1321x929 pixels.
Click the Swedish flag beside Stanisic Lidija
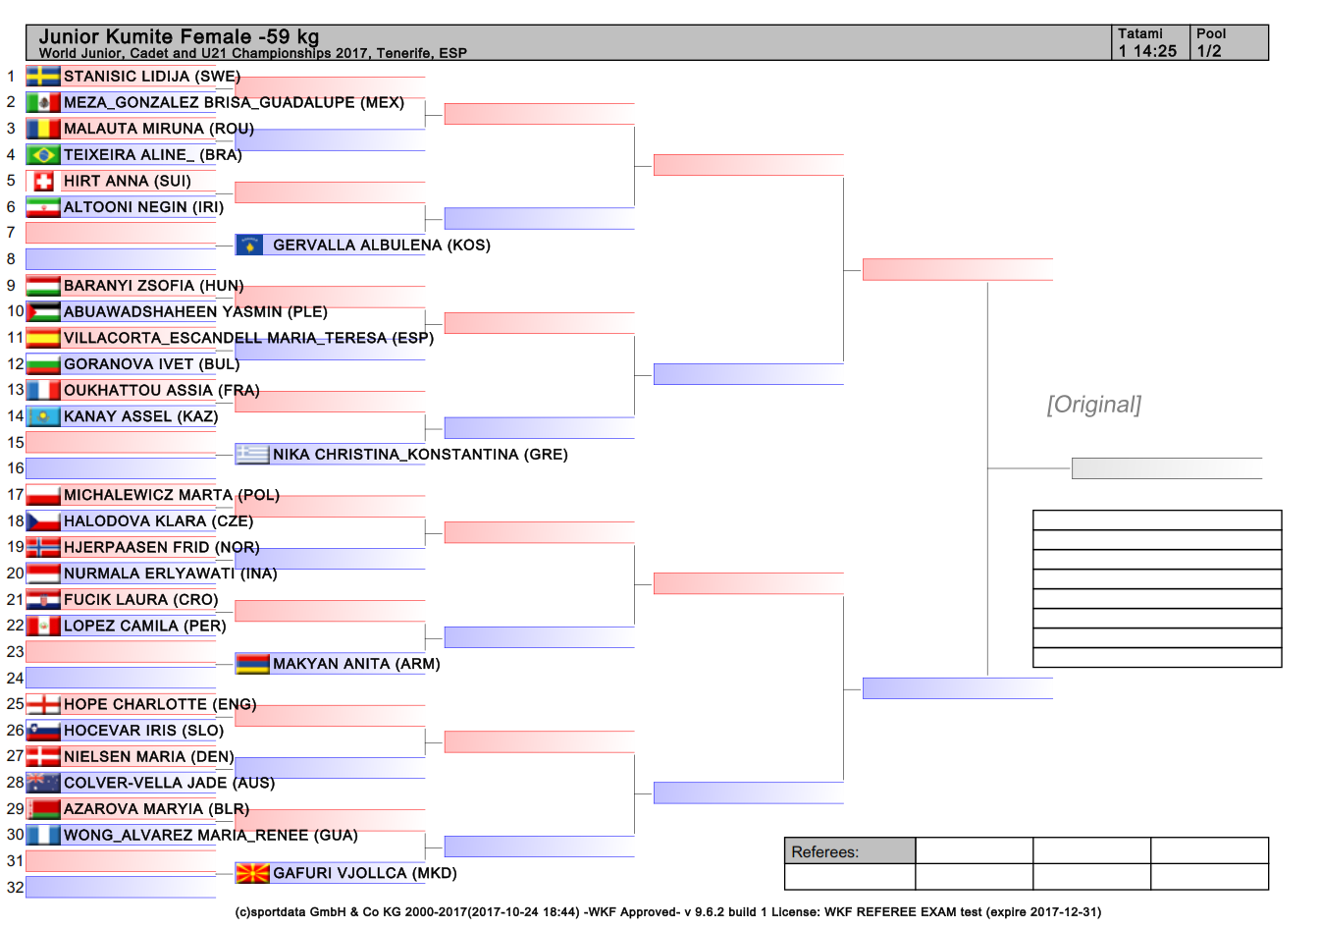coord(43,77)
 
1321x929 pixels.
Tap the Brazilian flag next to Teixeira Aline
coord(43,154)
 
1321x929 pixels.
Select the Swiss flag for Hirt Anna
coord(43,181)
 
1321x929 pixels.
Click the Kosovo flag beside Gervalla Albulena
coord(249,245)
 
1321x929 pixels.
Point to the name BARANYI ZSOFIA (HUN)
coord(153,286)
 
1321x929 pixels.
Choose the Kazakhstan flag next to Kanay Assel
coord(43,416)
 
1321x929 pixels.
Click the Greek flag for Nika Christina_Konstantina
coord(252,455)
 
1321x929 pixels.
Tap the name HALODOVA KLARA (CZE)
coord(158,521)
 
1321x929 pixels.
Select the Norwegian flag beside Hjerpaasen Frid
coord(43,547)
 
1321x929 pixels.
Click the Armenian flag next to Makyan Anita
coord(252,664)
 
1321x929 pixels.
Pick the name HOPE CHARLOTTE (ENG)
coord(160,704)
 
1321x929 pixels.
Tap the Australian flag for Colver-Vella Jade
coord(43,783)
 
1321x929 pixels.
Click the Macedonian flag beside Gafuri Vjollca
coord(252,873)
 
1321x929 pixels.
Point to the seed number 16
coord(16,468)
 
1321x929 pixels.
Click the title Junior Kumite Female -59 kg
coord(180,36)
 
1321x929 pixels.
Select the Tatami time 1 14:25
coord(1147,51)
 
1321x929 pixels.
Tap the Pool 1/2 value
coord(1209,51)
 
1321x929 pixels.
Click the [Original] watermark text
coord(1094,405)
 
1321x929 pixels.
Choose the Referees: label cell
coord(850,851)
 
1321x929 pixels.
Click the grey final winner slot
coord(1167,468)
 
